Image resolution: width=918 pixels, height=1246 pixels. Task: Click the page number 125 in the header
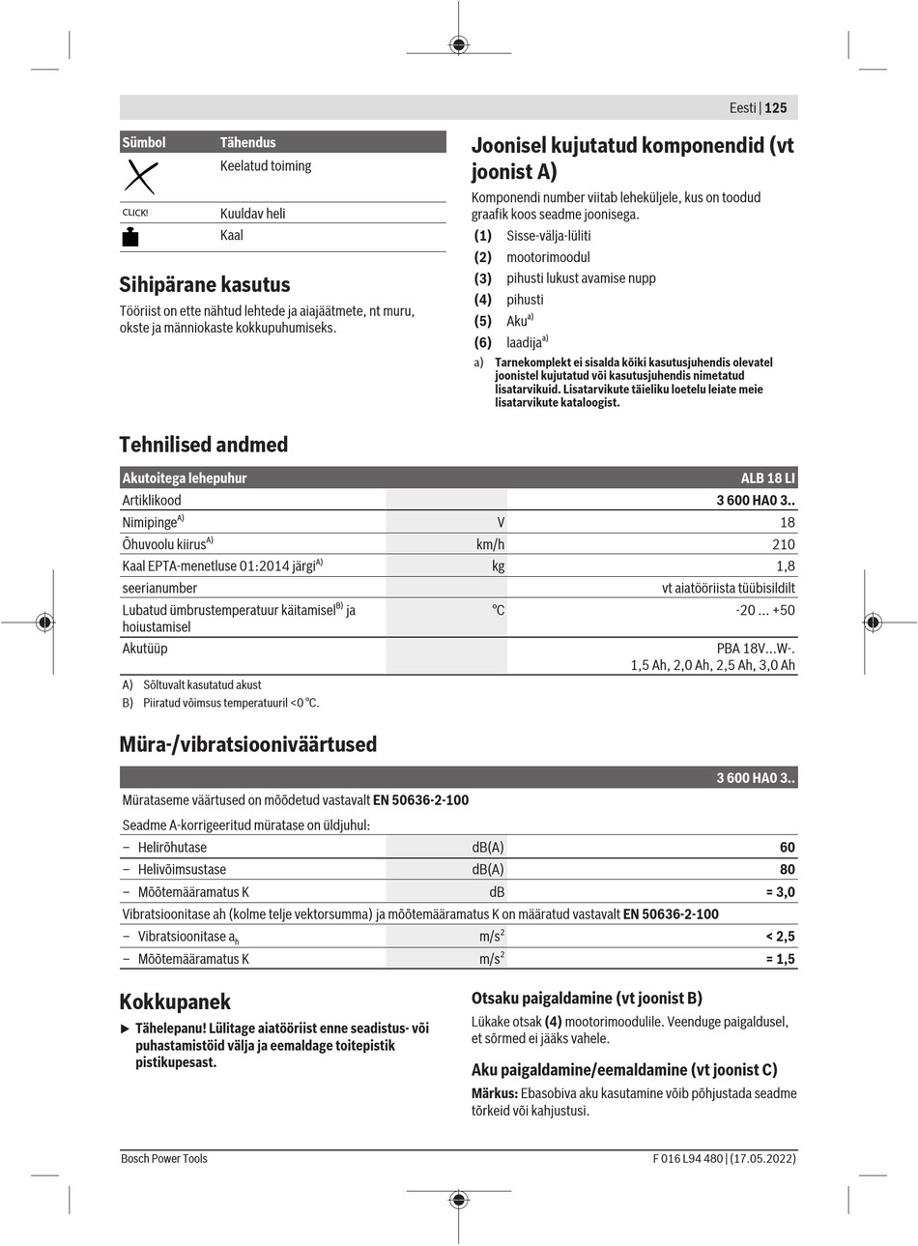[776, 108]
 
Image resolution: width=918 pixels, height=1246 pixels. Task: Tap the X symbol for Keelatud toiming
[141, 178]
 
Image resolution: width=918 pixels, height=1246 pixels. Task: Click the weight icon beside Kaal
[131, 237]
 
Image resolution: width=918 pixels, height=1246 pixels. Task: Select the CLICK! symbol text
[135, 213]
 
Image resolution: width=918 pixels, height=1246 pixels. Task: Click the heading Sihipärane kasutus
[204, 284]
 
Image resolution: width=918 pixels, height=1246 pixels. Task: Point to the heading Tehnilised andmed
[203, 445]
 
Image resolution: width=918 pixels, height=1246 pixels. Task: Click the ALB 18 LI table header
[768, 478]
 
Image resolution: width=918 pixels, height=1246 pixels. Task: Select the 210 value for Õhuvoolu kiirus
[783, 544]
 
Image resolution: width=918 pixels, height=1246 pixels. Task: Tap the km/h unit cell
[490, 544]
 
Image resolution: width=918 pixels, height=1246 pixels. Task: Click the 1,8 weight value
[785, 566]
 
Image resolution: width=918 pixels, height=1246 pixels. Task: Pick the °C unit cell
[498, 610]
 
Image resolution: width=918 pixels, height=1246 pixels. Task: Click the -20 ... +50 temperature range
[764, 610]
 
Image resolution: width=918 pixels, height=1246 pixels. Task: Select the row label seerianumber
[159, 588]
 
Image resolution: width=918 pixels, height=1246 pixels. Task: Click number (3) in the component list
[483, 278]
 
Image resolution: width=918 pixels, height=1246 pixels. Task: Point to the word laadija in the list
[524, 342]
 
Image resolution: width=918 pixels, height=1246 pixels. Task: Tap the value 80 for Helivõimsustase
[787, 869]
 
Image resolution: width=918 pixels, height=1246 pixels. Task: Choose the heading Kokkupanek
[175, 1001]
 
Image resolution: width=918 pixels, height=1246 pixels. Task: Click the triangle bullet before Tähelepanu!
[124, 1028]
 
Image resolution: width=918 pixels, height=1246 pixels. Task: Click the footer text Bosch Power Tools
[164, 1158]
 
